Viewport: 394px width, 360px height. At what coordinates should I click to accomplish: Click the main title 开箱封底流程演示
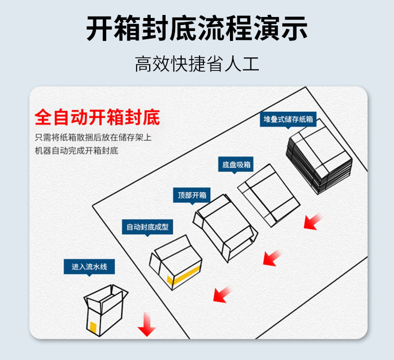click(x=197, y=28)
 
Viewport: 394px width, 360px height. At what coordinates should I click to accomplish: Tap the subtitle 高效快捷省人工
click(x=197, y=64)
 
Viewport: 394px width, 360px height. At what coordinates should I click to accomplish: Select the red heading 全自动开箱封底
click(x=97, y=118)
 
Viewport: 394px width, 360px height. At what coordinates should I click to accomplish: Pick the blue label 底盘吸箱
click(x=236, y=165)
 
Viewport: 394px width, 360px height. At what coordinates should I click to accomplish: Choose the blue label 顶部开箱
click(x=192, y=195)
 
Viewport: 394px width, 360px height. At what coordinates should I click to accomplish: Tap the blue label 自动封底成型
click(x=147, y=227)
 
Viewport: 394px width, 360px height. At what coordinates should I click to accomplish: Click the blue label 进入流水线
click(x=89, y=267)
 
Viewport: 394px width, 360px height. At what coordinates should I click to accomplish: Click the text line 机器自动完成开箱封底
click(x=76, y=151)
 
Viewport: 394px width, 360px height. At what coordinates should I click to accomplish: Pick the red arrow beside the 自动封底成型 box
click(x=222, y=295)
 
